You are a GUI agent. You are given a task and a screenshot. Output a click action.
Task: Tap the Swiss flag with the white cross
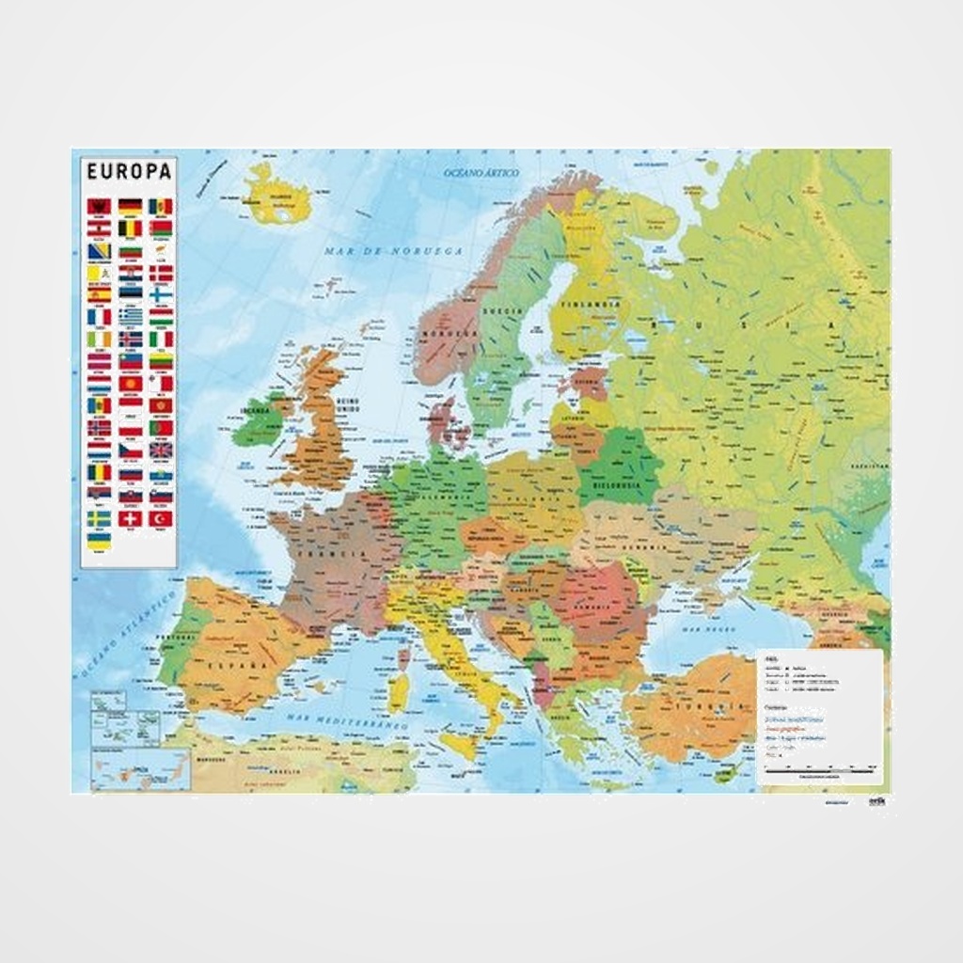pyautogui.click(x=130, y=518)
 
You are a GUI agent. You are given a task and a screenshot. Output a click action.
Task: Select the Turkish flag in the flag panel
pyautogui.click(x=161, y=518)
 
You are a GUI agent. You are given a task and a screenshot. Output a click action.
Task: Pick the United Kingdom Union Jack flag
pyautogui.click(x=161, y=450)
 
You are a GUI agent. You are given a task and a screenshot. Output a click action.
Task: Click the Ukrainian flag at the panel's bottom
pyautogui.click(x=100, y=541)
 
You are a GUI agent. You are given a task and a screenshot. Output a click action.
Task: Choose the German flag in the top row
pyautogui.click(x=130, y=205)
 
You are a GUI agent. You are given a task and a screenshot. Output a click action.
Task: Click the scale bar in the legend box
pyautogui.click(x=818, y=770)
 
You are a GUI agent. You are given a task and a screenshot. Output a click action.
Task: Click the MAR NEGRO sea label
pyautogui.click(x=707, y=626)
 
